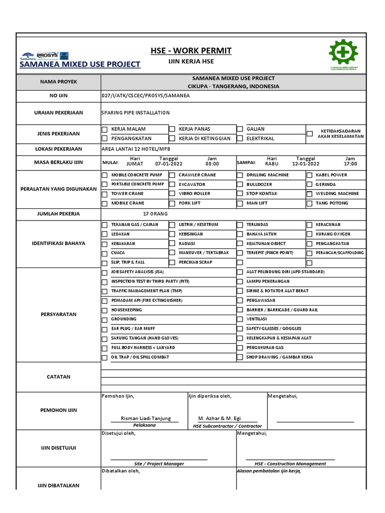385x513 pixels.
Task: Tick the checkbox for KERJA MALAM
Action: (104, 129)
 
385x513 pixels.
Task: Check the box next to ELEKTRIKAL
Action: (240, 138)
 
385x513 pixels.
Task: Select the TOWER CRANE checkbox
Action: (104, 194)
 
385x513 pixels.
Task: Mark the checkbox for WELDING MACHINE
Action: (309, 194)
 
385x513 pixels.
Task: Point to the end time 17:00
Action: (350, 164)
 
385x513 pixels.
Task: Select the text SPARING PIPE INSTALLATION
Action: (135, 113)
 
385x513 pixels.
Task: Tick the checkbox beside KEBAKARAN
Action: (104, 243)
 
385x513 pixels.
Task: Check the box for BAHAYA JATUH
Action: (240, 234)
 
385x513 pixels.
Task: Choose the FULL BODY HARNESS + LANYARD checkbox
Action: (104, 348)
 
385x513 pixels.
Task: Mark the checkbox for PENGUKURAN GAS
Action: (240, 348)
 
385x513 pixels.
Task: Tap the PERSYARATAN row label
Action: (59, 315)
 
